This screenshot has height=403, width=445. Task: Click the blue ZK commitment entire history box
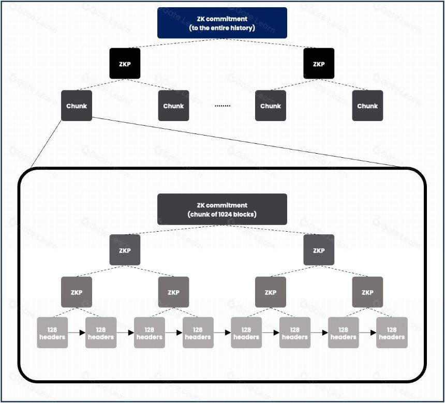(222, 23)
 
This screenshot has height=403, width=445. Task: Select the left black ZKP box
(125, 64)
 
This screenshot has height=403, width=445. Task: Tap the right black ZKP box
(319, 64)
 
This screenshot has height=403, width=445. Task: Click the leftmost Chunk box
(77, 106)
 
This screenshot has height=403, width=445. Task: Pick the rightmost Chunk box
(367, 106)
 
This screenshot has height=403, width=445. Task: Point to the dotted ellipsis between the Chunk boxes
(222, 106)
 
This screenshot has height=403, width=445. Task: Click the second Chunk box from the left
(173, 106)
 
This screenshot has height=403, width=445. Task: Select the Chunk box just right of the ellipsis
(271, 106)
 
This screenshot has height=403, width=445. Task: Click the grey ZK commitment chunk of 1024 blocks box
(222, 210)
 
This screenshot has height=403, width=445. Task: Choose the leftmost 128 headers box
(52, 333)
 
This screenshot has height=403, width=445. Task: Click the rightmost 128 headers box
(392, 333)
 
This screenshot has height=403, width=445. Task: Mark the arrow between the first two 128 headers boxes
(77, 333)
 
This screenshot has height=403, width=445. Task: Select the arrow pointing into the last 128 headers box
(367, 333)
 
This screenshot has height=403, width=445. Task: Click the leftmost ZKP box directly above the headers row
(77, 292)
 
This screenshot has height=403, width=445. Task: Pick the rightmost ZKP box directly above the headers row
(367, 292)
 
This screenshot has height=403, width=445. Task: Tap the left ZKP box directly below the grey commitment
(125, 250)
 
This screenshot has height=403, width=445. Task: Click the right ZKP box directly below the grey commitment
(319, 250)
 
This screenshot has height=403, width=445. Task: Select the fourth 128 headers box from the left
(198, 333)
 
